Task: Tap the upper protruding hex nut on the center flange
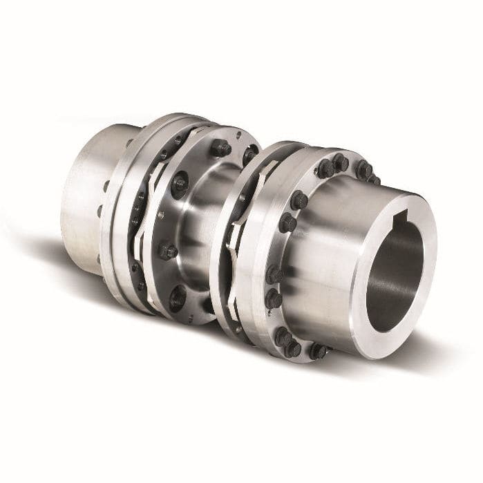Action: [220, 147]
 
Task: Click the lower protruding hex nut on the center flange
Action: [168, 251]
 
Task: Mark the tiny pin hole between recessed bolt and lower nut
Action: [161, 216]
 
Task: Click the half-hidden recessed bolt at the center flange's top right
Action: [248, 156]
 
